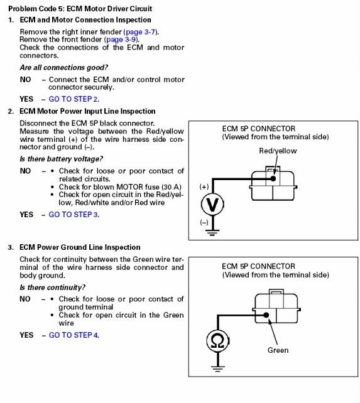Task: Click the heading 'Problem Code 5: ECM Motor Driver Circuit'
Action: coord(80,9)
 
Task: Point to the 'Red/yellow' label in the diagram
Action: coord(278,151)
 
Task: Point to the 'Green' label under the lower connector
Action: coord(278,350)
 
